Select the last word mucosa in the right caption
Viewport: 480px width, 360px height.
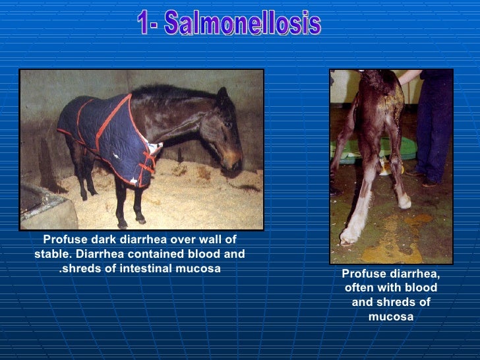(391, 316)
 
